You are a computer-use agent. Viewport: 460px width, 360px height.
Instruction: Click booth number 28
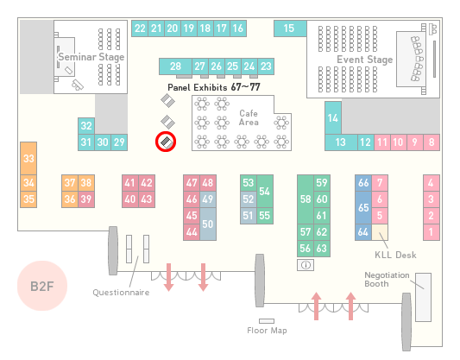pyautogui.click(x=175, y=66)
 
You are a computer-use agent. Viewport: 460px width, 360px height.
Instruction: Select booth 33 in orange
pyautogui.click(x=28, y=159)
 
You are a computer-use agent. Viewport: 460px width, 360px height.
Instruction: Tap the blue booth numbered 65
pyautogui.click(x=363, y=208)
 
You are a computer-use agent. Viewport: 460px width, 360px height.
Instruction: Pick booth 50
pyautogui.click(x=208, y=224)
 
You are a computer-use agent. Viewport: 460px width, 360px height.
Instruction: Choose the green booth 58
pyautogui.click(x=306, y=199)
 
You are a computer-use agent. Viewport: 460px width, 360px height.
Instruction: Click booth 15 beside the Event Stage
pyautogui.click(x=290, y=28)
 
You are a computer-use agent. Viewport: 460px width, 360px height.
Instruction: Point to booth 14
pyautogui.click(x=333, y=118)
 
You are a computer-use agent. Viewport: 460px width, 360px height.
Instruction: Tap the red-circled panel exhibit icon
pyautogui.click(x=166, y=142)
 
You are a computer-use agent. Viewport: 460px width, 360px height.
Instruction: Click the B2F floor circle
pyautogui.click(x=42, y=286)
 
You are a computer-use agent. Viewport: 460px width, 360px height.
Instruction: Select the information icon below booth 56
pyautogui.click(x=306, y=265)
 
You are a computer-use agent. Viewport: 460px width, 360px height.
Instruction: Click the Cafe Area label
pyautogui.click(x=249, y=117)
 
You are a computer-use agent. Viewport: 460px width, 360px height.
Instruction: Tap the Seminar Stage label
pyautogui.click(x=91, y=57)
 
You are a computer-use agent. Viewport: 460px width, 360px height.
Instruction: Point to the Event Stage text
pyautogui.click(x=365, y=60)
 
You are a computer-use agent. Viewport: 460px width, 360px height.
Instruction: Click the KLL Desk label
pyautogui.click(x=395, y=255)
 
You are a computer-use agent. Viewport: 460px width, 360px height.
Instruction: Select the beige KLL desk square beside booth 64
pyautogui.click(x=380, y=232)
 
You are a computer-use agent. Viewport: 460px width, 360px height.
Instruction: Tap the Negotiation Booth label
pyautogui.click(x=387, y=280)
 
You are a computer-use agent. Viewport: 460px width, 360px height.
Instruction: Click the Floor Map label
pyautogui.click(x=267, y=331)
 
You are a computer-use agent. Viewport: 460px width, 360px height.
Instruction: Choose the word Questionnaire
pyautogui.click(x=121, y=293)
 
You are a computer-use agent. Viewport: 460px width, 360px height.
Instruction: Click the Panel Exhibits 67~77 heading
pyautogui.click(x=214, y=87)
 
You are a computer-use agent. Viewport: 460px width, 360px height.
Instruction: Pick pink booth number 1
pyautogui.click(x=432, y=232)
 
